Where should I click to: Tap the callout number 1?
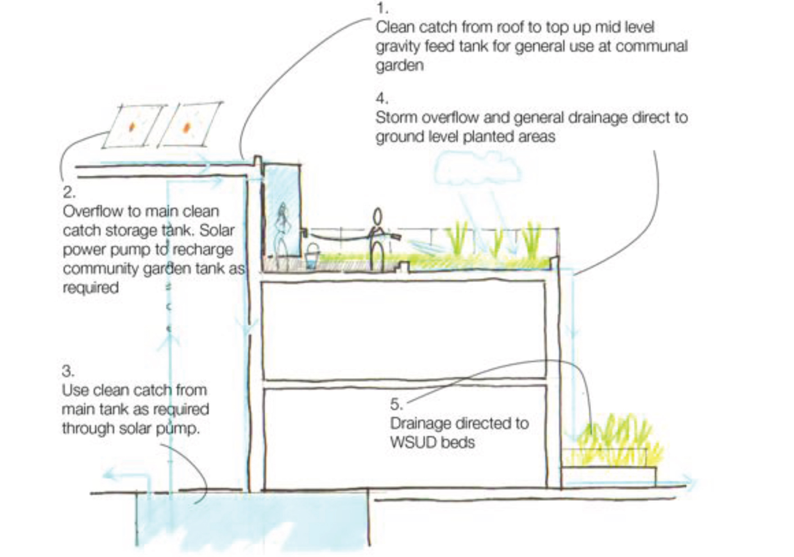click(x=382, y=8)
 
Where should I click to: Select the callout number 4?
click(x=382, y=98)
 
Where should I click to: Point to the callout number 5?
click(x=396, y=404)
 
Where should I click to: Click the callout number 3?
click(x=67, y=371)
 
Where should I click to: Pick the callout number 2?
click(x=69, y=192)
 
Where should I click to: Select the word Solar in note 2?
click(x=216, y=230)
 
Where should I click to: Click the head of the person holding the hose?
click(x=378, y=216)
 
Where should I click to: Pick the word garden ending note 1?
click(x=400, y=65)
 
